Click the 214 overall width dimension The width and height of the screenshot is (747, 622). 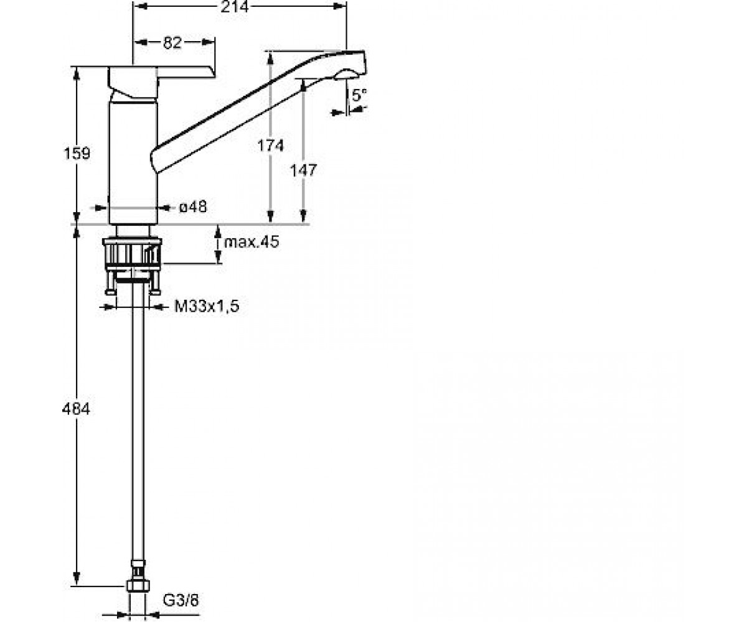pyautogui.click(x=234, y=6)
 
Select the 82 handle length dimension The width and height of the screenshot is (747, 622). pyautogui.click(x=172, y=42)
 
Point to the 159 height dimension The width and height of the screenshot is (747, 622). pyautogui.click(x=77, y=154)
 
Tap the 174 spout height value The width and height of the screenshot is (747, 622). pyautogui.click(x=270, y=146)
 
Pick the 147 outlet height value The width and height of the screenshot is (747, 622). pyautogui.click(x=303, y=170)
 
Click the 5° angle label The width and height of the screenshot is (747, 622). pyautogui.click(x=359, y=95)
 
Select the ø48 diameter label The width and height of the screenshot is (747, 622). pyautogui.click(x=193, y=207)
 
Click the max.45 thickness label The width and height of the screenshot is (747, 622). pyautogui.click(x=251, y=242)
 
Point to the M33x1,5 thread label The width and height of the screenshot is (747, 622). pyautogui.click(x=207, y=307)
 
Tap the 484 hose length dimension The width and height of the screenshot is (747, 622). pyautogui.click(x=76, y=409)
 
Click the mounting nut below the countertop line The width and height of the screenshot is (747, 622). pyautogui.click(x=132, y=253)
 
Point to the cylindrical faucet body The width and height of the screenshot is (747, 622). pyautogui.click(x=133, y=162)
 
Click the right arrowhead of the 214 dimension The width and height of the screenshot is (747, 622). pyautogui.click(x=340, y=6)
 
